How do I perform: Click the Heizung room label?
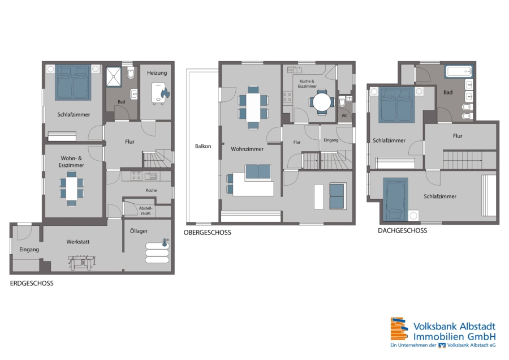157,73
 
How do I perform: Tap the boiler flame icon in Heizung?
165,93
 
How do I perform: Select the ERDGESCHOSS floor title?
32,284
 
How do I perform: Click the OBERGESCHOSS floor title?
208,233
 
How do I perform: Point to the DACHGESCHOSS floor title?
403,231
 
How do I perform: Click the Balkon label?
203,146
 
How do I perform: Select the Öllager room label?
139,231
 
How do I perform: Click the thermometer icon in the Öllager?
165,242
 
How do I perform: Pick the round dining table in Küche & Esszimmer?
322,102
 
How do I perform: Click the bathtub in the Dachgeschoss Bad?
459,71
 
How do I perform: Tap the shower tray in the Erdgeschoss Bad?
114,77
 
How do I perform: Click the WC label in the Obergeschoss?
344,115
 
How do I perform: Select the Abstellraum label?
146,211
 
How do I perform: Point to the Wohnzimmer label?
247,149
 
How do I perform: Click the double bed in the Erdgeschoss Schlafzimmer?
73,82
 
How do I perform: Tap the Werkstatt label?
78,242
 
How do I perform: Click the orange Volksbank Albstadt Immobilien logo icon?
399,329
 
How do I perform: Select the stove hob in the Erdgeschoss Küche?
136,176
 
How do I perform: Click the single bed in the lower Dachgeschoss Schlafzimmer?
395,199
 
